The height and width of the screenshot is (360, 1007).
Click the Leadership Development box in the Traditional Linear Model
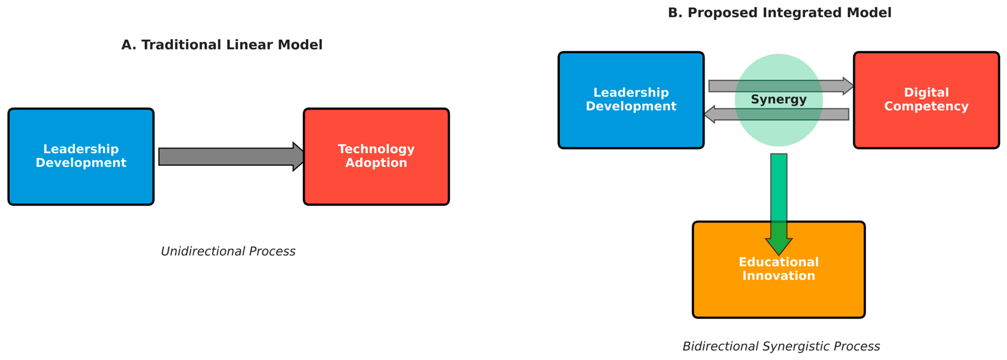[81, 184]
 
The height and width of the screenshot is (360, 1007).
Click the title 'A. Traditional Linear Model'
[222, 45]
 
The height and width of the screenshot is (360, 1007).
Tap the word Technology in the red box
[376, 149]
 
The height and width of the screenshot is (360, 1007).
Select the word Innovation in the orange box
[779, 276]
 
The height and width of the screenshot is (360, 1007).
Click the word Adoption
[376, 163]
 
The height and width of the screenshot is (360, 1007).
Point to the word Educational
[779, 262]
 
